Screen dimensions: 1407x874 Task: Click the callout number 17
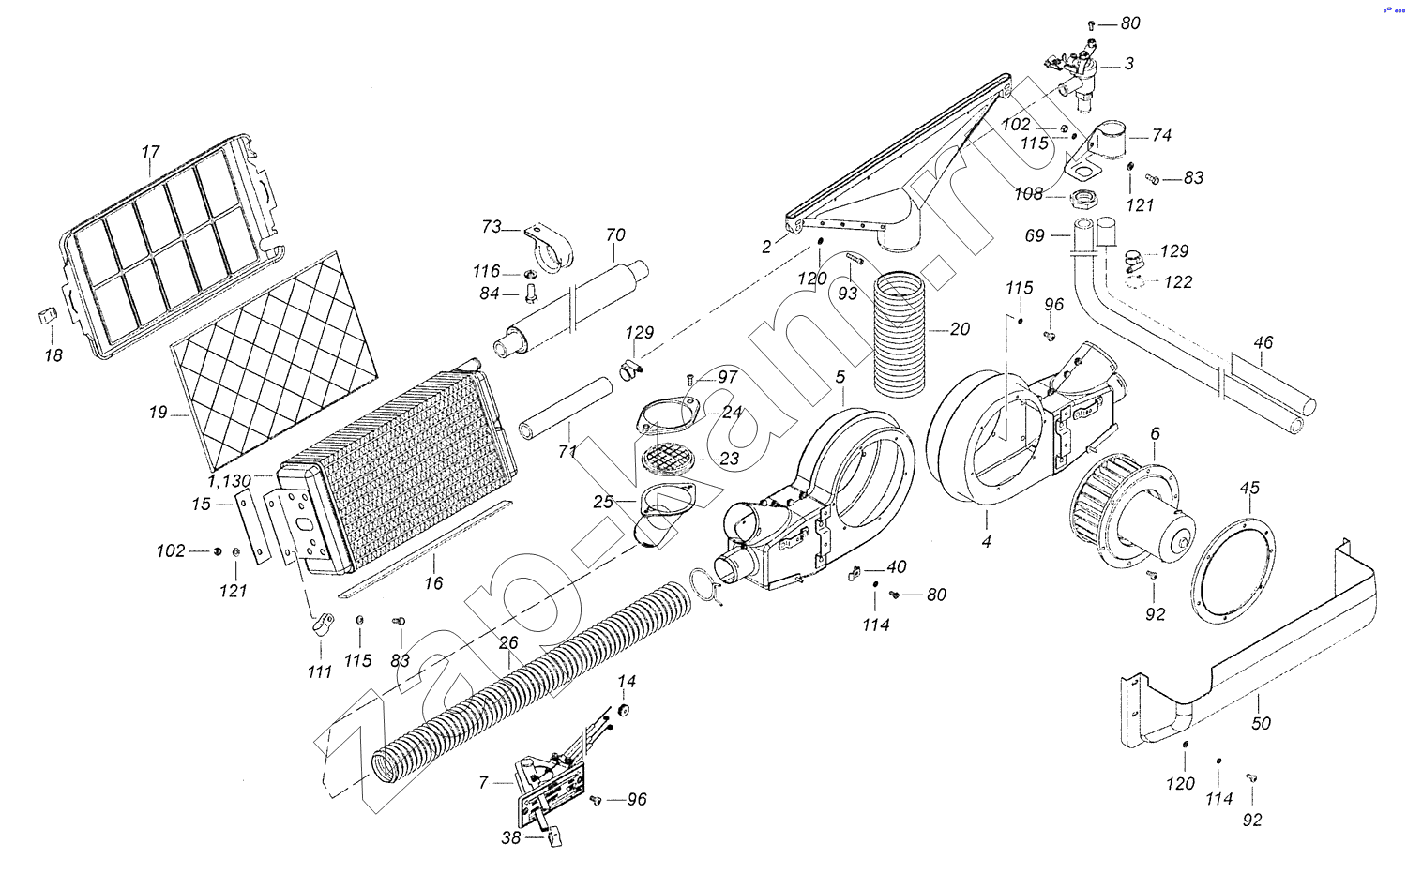(x=151, y=152)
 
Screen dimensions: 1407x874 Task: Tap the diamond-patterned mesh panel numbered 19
(x=275, y=360)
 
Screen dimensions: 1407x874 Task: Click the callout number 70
(x=615, y=234)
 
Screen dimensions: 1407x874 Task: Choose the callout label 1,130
(x=230, y=481)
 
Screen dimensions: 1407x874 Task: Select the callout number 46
(x=1263, y=342)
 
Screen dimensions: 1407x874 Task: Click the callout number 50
(x=1261, y=723)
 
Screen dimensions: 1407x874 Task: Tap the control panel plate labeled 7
(x=550, y=793)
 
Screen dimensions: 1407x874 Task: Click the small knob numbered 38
(x=554, y=837)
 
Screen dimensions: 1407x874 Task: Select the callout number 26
(x=508, y=643)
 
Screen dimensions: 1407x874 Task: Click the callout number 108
(x=1029, y=194)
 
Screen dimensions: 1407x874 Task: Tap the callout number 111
(x=320, y=671)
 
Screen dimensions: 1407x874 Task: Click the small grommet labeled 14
(x=624, y=710)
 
